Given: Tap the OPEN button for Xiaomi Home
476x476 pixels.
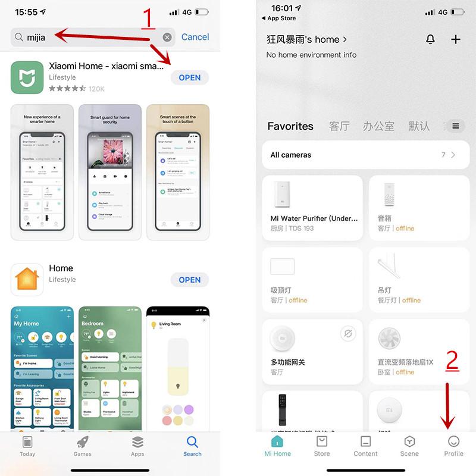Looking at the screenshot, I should click(189, 77).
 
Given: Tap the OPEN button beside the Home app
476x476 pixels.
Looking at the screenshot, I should click(189, 280).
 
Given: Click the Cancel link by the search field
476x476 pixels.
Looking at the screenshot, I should click(195, 37).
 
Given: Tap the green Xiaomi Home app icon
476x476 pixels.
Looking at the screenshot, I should click(27, 77).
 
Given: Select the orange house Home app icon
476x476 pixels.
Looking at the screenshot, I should click(27, 280).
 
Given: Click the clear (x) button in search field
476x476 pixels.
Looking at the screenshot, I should click(167, 37).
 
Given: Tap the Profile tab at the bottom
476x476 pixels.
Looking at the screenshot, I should click(453, 445).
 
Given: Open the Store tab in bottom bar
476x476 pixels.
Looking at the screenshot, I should click(322, 445).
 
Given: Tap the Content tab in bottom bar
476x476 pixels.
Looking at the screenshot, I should click(365, 445).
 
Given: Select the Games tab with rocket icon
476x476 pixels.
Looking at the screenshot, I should click(83, 445).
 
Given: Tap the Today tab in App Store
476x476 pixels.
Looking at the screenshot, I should click(27, 445).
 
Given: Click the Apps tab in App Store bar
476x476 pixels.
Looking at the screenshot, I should click(137, 445).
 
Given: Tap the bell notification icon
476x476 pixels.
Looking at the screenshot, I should click(430, 39).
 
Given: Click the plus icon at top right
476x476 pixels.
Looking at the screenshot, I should click(456, 39).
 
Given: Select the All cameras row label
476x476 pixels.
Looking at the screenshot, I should click(290, 155).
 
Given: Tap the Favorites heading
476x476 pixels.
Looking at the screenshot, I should click(290, 126).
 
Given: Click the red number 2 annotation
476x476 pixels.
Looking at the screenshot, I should click(452, 361).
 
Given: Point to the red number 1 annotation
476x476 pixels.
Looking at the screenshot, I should click(148, 19).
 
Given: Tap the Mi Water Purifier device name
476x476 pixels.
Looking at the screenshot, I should click(314, 218).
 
